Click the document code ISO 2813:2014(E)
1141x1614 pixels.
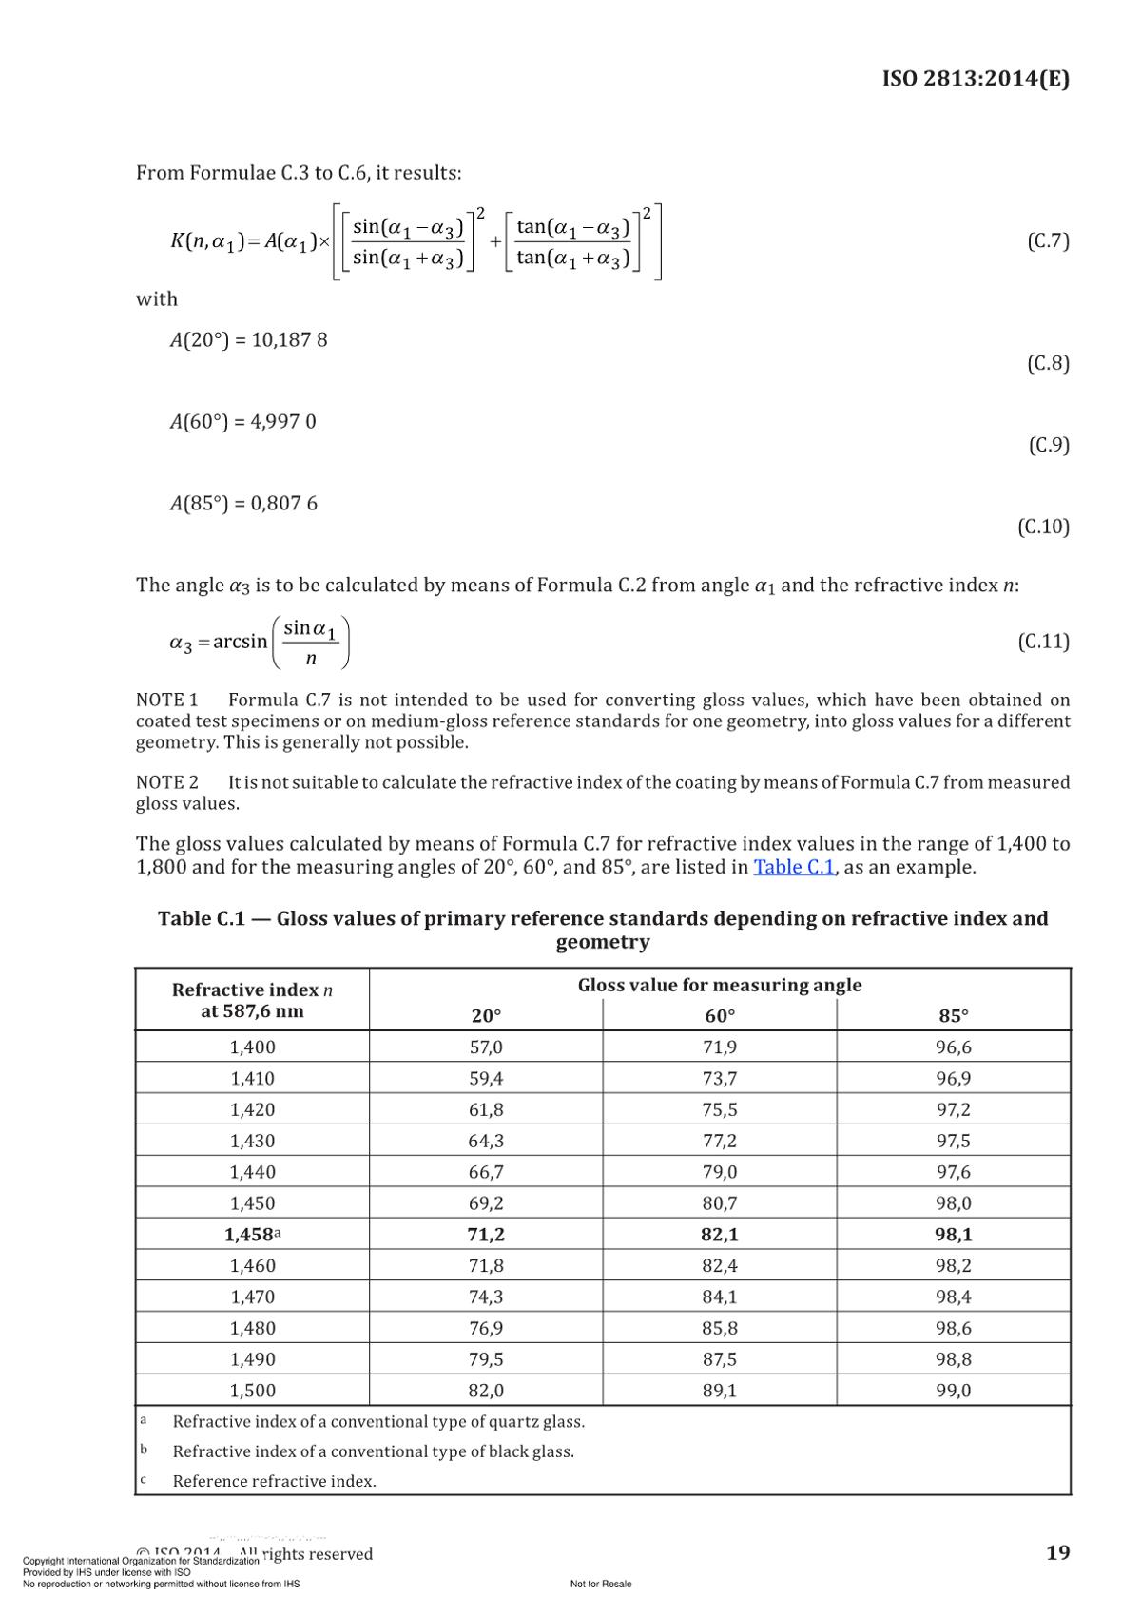click(975, 78)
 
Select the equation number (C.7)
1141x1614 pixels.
click(1048, 240)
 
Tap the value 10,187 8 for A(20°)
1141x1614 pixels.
click(289, 339)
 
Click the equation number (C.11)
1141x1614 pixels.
click(1043, 642)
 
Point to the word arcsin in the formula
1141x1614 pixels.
click(240, 642)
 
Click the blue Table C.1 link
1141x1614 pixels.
click(794, 867)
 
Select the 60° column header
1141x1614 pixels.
click(720, 1015)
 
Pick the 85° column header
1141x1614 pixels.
click(954, 1015)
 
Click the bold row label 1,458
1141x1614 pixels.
click(249, 1235)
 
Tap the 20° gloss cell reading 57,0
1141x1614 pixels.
click(486, 1047)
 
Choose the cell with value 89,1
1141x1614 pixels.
click(720, 1391)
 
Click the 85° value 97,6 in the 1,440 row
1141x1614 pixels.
click(954, 1172)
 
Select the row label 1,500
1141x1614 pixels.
click(252, 1391)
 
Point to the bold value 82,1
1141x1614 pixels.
click(720, 1235)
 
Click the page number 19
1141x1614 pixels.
click(1057, 1553)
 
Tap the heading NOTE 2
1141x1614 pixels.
click(167, 782)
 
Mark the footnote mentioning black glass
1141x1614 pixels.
click(373, 1451)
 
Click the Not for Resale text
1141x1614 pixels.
click(601, 1584)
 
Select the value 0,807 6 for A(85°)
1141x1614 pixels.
click(283, 503)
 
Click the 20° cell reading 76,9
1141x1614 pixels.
click(486, 1328)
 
